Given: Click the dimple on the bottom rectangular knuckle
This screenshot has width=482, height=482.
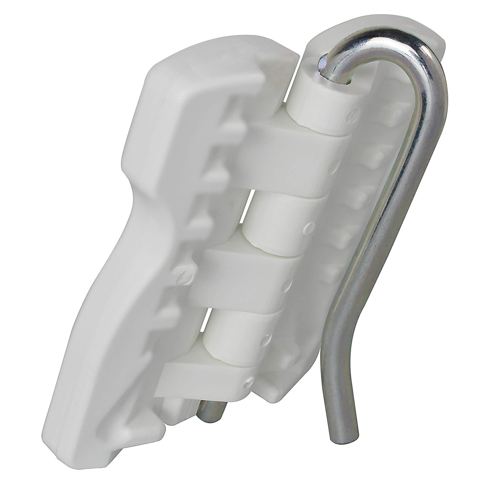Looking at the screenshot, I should (249, 380).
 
